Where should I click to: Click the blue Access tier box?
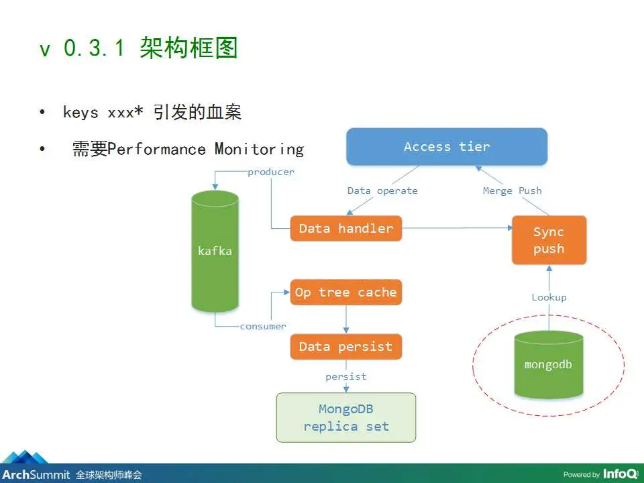coord(447,147)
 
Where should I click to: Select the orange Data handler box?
coord(346,228)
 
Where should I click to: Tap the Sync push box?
coord(549,240)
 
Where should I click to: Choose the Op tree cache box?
coord(346,292)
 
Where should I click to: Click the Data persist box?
coord(346,347)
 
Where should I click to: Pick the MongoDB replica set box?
coord(346,418)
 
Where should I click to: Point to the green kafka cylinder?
coord(215,251)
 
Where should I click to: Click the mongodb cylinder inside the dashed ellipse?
coord(549,365)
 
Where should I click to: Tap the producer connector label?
coord(271,172)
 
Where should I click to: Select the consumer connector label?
coord(263,327)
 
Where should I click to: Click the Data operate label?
coord(382,191)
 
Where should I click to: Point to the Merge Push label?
coord(512,191)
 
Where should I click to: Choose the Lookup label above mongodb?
coord(549,297)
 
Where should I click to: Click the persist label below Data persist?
coord(346,376)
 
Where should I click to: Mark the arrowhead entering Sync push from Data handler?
coord(510,227)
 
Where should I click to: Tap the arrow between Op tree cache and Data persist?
coord(346,319)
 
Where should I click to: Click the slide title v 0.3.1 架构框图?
coord(138,48)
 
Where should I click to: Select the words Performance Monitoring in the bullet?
coord(205,150)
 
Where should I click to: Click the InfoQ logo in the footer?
coord(621,474)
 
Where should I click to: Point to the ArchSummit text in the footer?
coord(36,475)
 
